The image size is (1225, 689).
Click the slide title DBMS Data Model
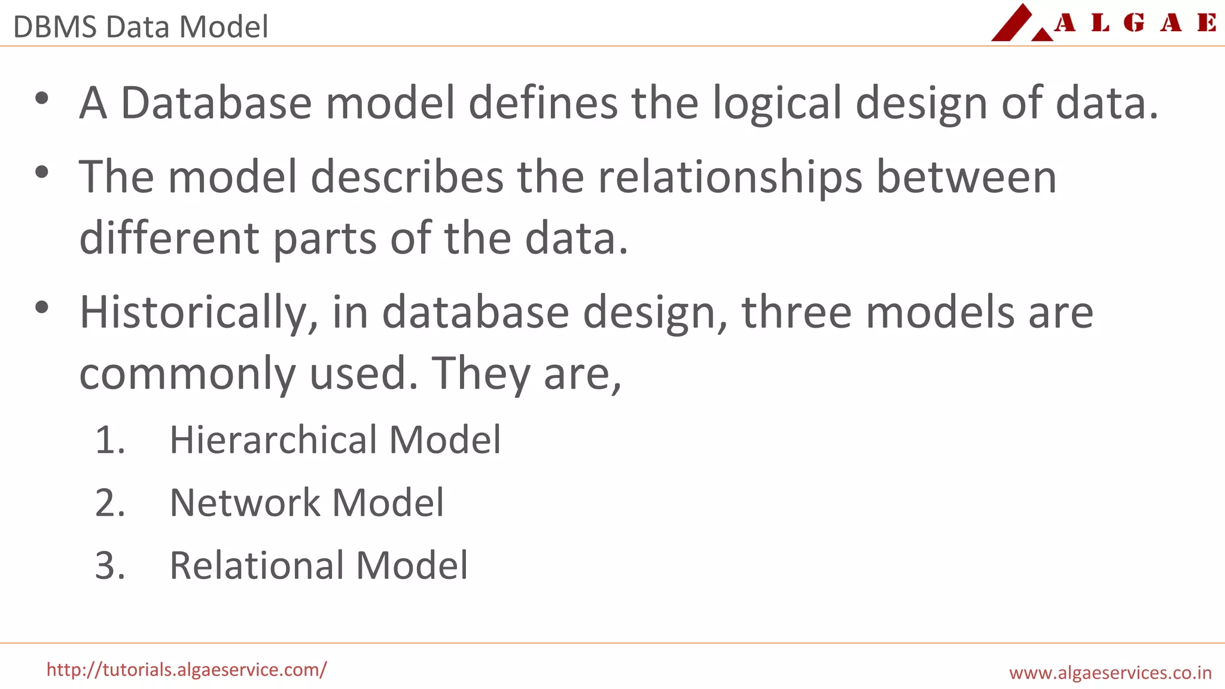[x=141, y=27]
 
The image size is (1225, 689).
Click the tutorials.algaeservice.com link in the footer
[x=187, y=669]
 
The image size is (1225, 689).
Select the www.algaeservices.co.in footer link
[x=1110, y=672]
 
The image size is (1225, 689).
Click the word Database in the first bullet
[x=216, y=103]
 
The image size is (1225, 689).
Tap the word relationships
[x=730, y=178]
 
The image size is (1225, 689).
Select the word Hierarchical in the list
[x=273, y=440]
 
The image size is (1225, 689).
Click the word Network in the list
[x=245, y=502]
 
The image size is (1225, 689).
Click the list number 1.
[x=109, y=440]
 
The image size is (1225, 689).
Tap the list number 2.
[x=109, y=503]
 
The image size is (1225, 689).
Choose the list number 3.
[x=109, y=566]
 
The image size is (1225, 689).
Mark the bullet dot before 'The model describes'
[x=41, y=173]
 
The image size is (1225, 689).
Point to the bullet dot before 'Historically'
[x=41, y=308]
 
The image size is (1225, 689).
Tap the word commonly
[x=187, y=374]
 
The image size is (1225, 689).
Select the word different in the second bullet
[x=169, y=238]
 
